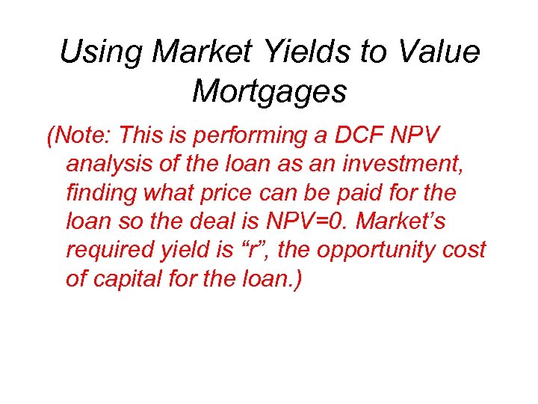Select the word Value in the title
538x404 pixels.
click(x=441, y=52)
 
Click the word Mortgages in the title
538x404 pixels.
click(x=269, y=91)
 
